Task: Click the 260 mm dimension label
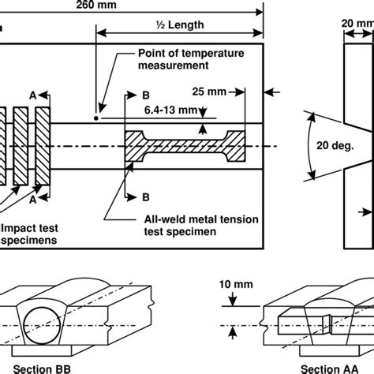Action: point(96,5)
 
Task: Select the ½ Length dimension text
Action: point(180,24)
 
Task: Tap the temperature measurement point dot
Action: point(96,118)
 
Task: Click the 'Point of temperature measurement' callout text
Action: point(191,59)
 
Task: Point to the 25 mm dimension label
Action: point(209,92)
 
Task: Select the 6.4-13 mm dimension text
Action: point(170,110)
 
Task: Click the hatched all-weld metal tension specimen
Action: point(185,146)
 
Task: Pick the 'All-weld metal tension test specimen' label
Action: point(201,226)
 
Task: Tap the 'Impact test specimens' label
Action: point(29,234)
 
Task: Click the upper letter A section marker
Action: point(33,95)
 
